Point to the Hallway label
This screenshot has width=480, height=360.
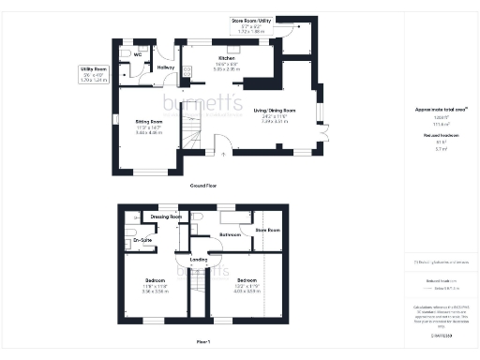(167, 67)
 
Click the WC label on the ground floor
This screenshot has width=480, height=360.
(137, 54)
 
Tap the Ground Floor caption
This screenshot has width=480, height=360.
(204, 187)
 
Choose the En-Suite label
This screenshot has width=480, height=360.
(142, 241)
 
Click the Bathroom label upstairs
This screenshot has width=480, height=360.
(231, 234)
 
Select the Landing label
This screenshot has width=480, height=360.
(198, 260)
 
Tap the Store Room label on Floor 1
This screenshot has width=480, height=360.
(268, 230)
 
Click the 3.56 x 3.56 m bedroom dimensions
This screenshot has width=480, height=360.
(154, 291)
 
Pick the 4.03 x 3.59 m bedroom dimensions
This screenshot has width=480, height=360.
(247, 291)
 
